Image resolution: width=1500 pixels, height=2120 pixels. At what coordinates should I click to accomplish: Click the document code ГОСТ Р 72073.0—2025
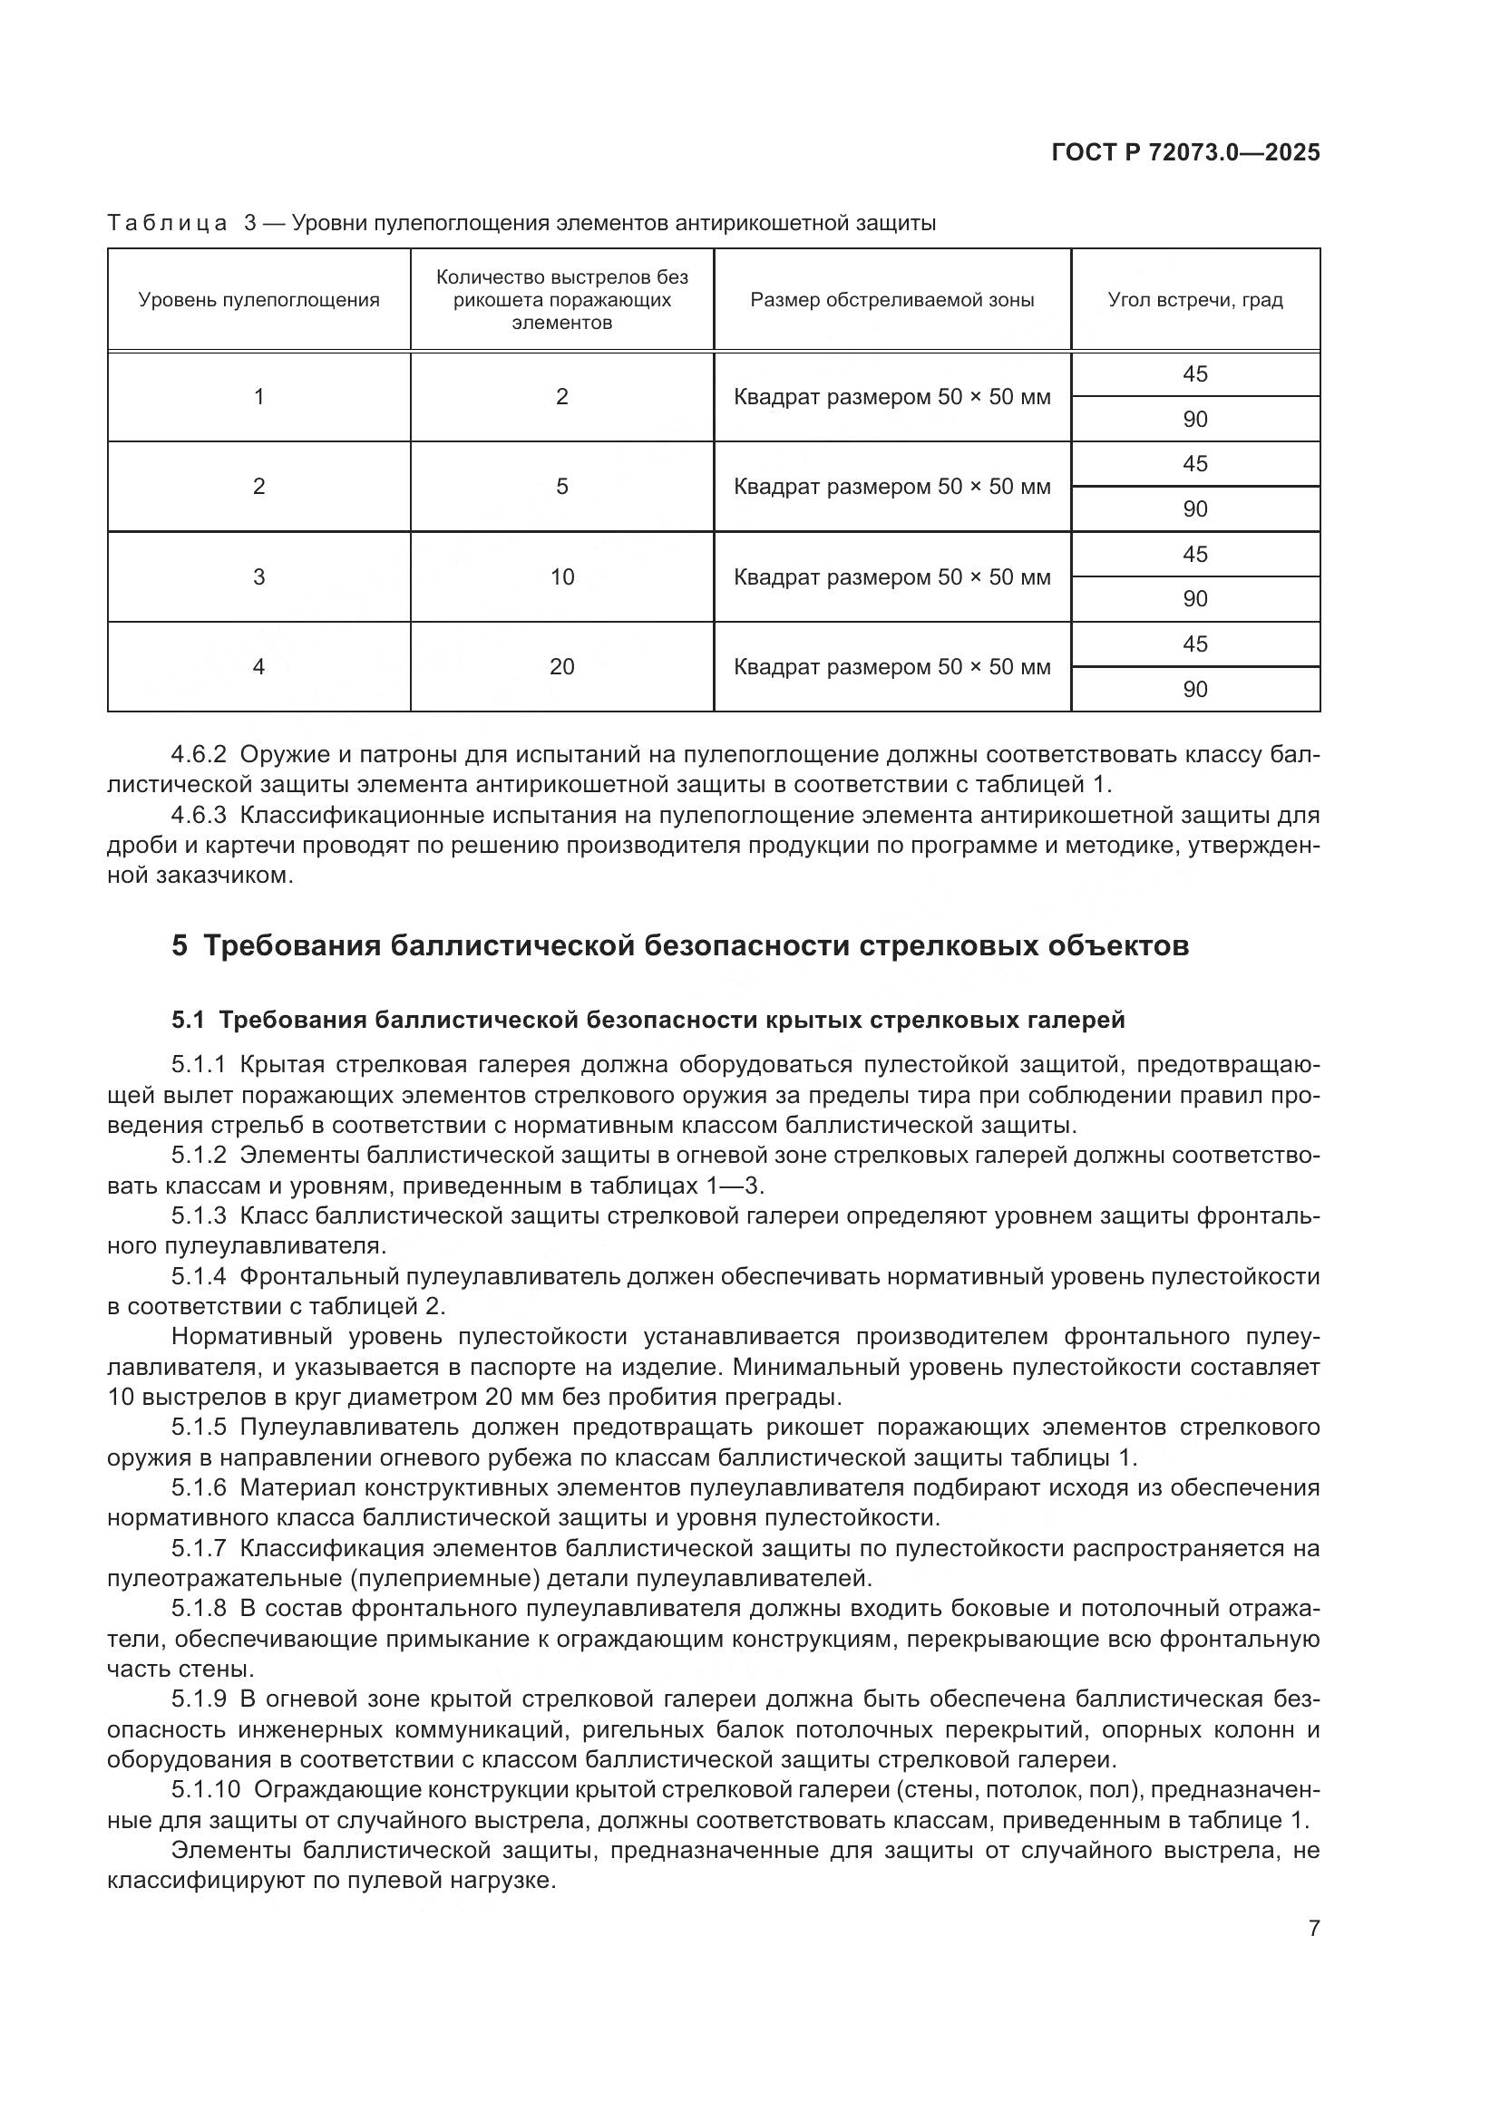click(1185, 152)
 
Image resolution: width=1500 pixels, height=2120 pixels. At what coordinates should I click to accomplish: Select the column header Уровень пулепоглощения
click(258, 300)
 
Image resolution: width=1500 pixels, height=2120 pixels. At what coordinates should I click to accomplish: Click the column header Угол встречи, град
click(1195, 300)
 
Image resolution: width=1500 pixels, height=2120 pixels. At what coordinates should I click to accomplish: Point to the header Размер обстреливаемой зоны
click(892, 300)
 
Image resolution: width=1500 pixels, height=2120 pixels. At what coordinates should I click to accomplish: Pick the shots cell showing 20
click(561, 667)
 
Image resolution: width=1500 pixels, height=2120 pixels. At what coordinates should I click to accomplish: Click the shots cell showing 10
click(561, 577)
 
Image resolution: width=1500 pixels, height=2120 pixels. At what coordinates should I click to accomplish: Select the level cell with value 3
click(258, 577)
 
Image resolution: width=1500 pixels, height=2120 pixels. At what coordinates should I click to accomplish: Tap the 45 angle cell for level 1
click(1195, 374)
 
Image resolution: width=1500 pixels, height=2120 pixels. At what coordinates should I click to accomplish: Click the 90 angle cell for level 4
click(1195, 689)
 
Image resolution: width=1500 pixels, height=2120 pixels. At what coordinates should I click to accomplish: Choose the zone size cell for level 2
click(892, 487)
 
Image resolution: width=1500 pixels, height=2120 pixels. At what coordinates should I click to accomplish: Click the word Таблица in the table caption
click(167, 224)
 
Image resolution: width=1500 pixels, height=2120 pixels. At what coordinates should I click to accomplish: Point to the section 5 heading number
click(180, 946)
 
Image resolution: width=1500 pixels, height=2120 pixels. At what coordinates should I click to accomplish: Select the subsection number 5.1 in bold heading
click(188, 1021)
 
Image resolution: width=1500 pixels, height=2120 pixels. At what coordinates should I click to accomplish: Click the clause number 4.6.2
click(199, 754)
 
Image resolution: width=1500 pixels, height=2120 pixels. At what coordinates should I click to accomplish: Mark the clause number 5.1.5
click(199, 1428)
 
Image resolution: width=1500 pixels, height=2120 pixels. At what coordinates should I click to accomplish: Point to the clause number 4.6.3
click(199, 816)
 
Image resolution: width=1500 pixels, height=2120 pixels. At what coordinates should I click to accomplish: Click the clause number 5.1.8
click(199, 1609)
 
